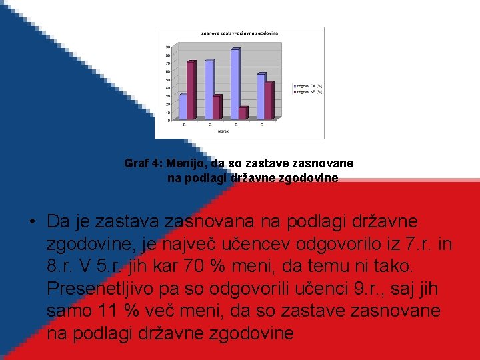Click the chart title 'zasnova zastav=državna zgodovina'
(240, 33)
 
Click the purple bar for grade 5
(191, 91)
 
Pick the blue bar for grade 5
(182, 107)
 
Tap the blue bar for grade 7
(209, 90)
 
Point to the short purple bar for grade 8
(243, 113)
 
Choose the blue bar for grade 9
(261, 97)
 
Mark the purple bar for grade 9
(269, 101)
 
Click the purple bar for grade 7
(217, 107)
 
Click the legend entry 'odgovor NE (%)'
(307, 92)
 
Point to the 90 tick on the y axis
(169, 47)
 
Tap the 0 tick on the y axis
(169, 121)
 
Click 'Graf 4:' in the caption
(144, 163)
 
